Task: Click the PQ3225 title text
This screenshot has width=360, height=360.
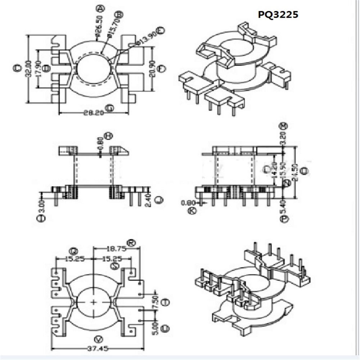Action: pyautogui.click(x=278, y=15)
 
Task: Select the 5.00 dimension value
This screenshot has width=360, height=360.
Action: pyautogui.click(x=156, y=328)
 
